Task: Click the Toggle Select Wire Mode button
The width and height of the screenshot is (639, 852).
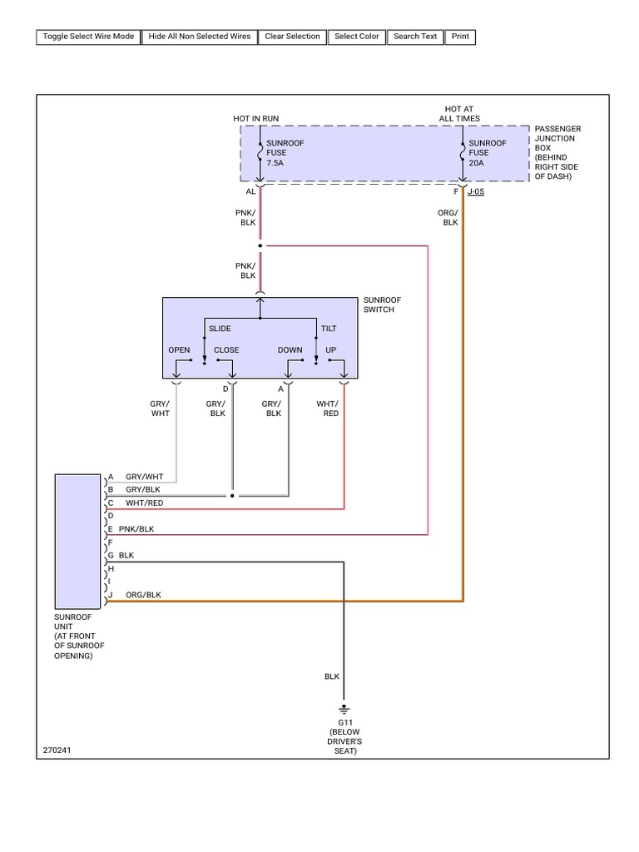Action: [x=87, y=37]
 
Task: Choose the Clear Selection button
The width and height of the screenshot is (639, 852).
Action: [x=292, y=37]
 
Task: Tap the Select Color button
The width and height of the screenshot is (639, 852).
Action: [x=357, y=37]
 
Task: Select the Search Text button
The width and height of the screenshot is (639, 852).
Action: [x=415, y=37]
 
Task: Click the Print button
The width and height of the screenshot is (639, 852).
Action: [x=460, y=37]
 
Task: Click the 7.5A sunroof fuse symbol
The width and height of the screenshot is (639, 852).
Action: [x=260, y=153]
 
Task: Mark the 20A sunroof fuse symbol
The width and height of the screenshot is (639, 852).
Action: [x=463, y=153]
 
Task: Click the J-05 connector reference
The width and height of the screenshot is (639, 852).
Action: [x=476, y=191]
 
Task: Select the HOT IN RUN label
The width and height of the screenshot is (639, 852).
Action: [x=255, y=119]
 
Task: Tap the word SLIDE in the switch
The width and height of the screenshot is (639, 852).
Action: [x=220, y=329]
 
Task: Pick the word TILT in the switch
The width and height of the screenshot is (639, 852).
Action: [x=329, y=329]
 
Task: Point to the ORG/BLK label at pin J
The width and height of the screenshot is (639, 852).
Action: [x=143, y=595]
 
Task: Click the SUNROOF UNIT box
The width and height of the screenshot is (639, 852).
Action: [x=77, y=541]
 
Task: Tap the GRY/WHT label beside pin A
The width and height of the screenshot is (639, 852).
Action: [x=145, y=477]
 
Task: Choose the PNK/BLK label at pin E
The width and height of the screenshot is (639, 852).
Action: [x=136, y=528]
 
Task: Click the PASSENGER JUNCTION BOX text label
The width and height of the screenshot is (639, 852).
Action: [x=557, y=153]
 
